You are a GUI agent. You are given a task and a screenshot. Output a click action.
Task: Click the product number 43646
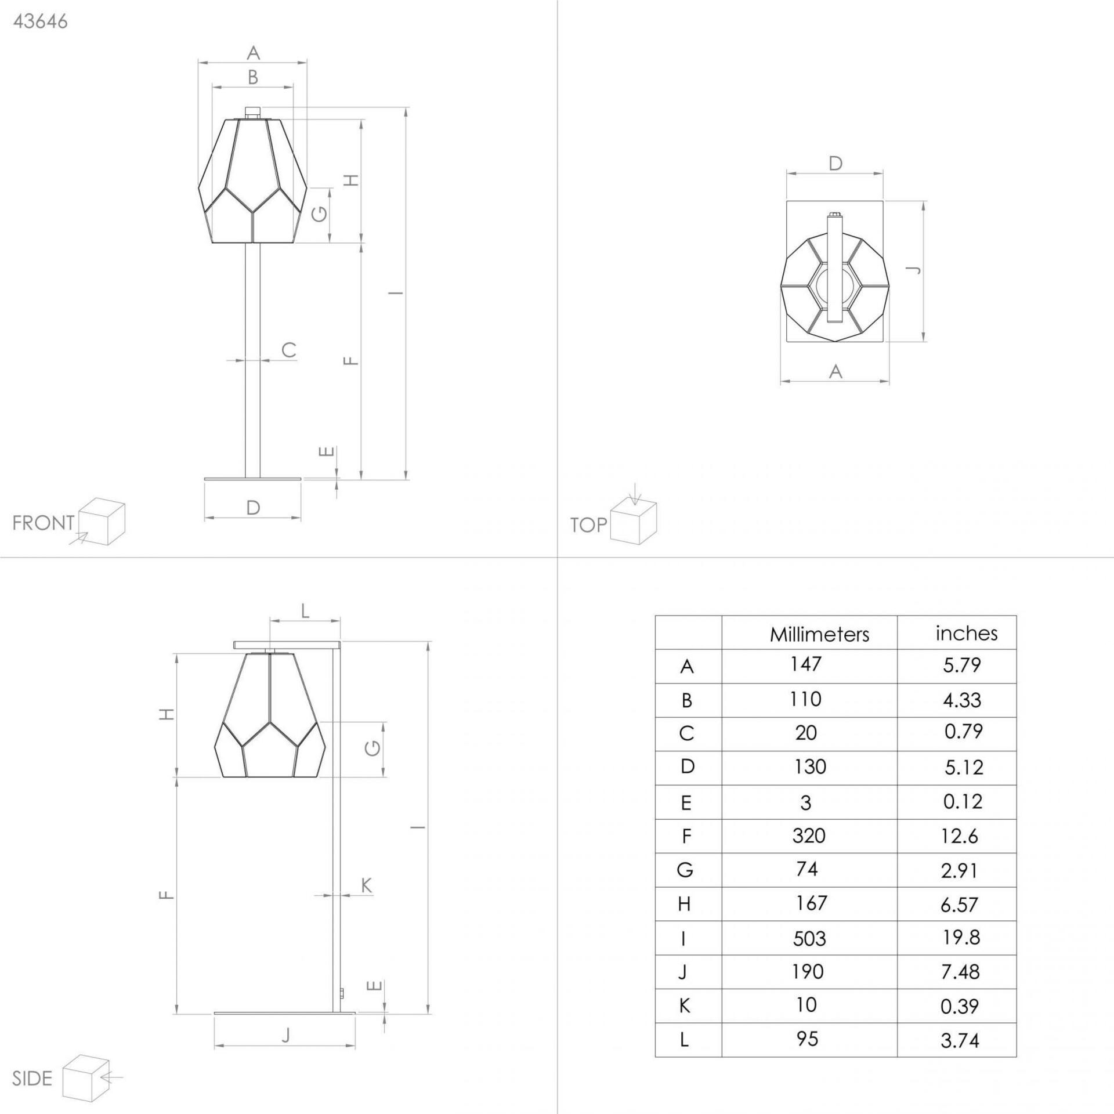coord(40,21)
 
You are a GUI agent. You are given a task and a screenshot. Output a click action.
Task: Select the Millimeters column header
coord(819,635)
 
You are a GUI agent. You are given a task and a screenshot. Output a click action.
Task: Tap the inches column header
coord(966,633)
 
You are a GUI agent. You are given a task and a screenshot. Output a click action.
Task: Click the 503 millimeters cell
coord(809,939)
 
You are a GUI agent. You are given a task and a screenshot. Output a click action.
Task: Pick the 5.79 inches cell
coord(961,665)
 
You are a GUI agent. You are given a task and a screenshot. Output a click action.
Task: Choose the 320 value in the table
coord(809,836)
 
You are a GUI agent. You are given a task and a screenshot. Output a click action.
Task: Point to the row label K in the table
coord(685,1007)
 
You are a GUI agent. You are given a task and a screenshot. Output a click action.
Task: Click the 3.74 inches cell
coord(960,1041)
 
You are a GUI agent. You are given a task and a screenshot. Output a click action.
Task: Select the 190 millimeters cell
coord(808,972)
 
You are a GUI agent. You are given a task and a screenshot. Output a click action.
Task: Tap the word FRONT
coord(44,523)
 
